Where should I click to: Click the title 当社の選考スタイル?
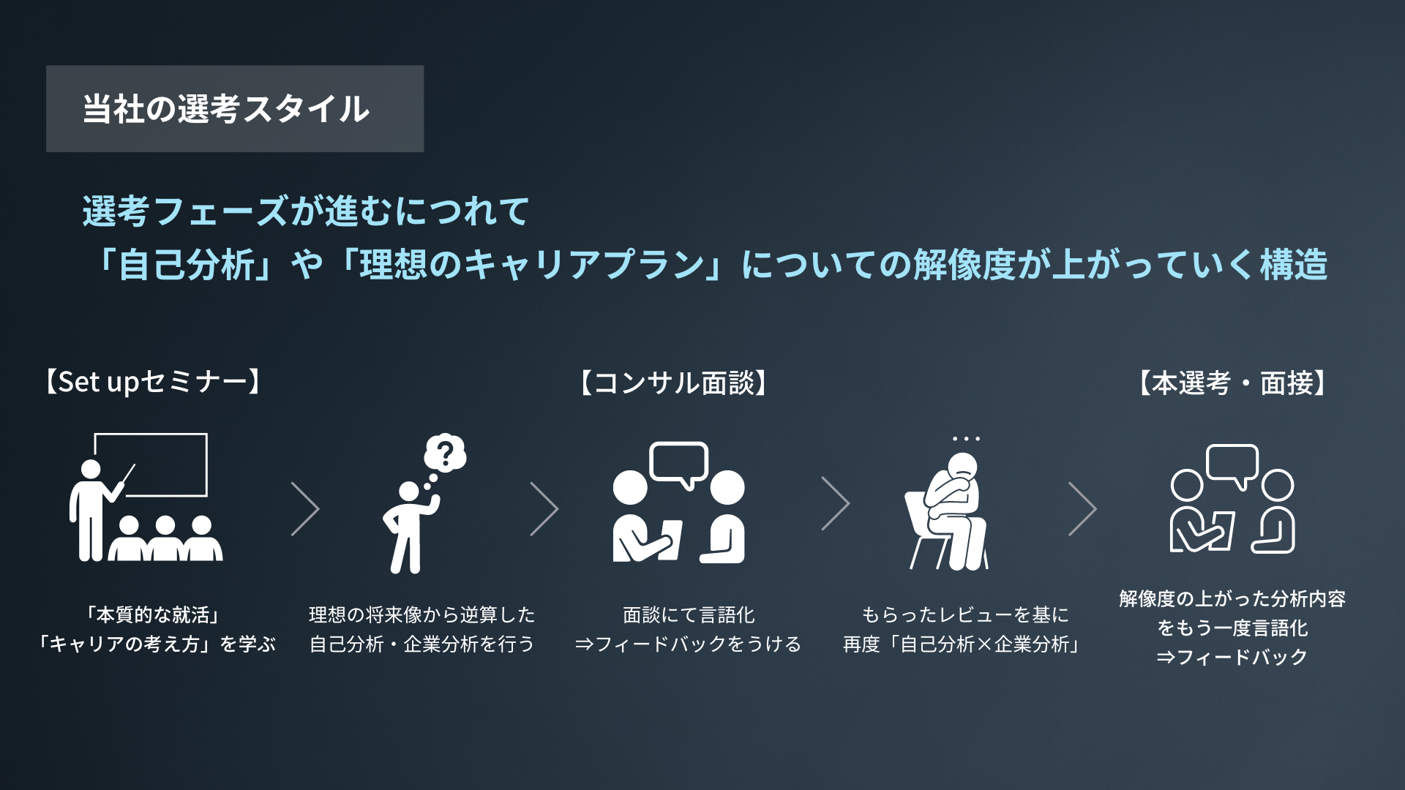tap(226, 109)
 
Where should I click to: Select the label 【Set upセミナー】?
tap(153, 382)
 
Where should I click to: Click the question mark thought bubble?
tap(445, 454)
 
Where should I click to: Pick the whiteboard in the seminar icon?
tap(151, 464)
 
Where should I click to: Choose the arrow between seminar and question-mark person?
tap(305, 508)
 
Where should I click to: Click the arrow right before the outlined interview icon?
tap(1082, 508)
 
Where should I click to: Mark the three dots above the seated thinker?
tap(966, 439)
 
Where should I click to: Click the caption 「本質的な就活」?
tap(153, 614)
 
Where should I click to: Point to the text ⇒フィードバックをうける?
tap(688, 644)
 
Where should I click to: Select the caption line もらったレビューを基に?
tap(964, 614)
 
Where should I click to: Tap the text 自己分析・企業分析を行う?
tap(421, 644)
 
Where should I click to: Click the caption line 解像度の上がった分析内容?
tap(1232, 598)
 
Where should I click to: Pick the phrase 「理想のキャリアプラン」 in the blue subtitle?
tap(531, 264)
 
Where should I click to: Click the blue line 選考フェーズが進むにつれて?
tap(305, 211)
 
